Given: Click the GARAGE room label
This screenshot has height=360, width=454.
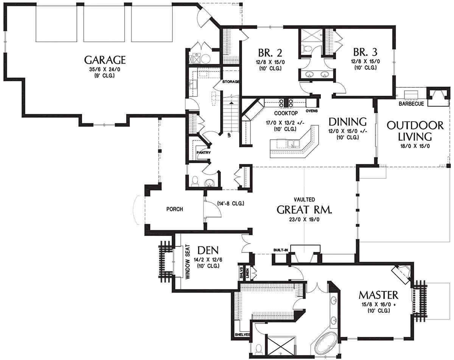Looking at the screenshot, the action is click(x=105, y=60).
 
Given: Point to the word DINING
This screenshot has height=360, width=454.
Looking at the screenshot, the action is click(x=347, y=122).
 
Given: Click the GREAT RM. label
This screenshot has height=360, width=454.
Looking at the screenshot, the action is click(x=304, y=210).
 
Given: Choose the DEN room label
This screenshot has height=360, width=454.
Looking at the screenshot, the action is click(x=208, y=251).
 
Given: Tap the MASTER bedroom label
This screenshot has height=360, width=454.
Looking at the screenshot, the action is click(x=378, y=295).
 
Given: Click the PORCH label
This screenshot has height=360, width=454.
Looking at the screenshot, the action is click(x=175, y=209).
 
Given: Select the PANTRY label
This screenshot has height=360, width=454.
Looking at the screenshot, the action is click(x=204, y=153).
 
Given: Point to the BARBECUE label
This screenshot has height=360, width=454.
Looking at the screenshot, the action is click(x=411, y=104).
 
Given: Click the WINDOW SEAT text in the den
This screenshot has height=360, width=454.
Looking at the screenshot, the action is click(x=188, y=262).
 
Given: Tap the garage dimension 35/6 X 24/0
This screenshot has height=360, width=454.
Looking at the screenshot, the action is click(x=105, y=70).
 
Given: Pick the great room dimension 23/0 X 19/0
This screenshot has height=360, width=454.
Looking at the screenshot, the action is click(x=304, y=220).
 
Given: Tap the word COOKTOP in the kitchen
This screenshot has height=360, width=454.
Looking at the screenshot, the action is click(x=286, y=113).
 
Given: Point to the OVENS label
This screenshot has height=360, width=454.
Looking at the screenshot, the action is click(x=312, y=111).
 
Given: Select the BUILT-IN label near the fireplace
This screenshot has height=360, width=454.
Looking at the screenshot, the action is click(x=281, y=250).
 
